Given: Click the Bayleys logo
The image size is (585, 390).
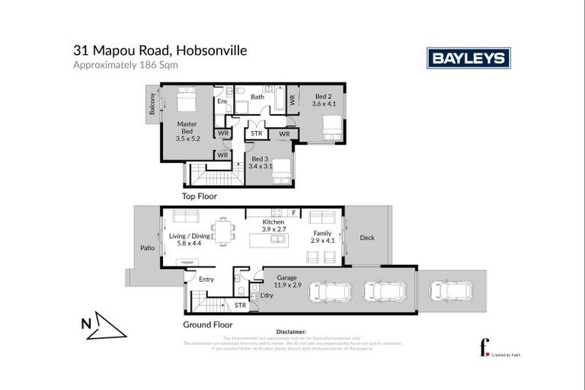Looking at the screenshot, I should tap(468, 58).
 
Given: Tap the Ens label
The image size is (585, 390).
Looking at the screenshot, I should tap(222, 101).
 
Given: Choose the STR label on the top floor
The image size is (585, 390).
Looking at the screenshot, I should tap(257, 134).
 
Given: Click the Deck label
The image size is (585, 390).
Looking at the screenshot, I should tap(366, 238).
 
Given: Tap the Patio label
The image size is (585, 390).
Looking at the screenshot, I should tap(146, 248).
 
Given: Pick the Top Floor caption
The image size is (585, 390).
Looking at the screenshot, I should tap(199, 197).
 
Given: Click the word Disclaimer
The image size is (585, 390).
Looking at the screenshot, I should tap(291, 332).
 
